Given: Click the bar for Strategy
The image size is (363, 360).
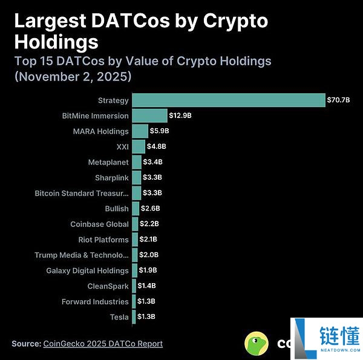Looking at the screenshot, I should (x=229, y=100).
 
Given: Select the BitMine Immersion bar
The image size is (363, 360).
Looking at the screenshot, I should (x=149, y=116).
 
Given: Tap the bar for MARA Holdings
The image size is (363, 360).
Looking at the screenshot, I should (x=140, y=131).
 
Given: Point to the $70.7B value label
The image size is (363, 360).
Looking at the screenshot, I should (x=338, y=100).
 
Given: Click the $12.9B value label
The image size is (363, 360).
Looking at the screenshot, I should (x=180, y=116).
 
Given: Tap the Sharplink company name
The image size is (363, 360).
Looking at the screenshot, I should (x=111, y=177).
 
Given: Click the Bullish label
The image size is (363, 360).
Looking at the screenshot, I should (x=117, y=209).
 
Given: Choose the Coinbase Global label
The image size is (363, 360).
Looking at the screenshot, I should (x=99, y=224).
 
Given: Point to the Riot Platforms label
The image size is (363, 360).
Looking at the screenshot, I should (x=103, y=240).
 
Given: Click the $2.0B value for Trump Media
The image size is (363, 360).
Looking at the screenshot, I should (x=149, y=255).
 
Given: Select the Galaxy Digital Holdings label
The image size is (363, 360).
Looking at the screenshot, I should (x=87, y=270).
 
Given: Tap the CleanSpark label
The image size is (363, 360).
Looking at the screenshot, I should (x=108, y=286).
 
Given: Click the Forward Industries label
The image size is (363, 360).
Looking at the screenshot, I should (x=95, y=301).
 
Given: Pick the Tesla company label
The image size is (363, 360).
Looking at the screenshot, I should (x=119, y=317).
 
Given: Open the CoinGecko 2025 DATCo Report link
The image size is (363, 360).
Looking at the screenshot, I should (x=103, y=344).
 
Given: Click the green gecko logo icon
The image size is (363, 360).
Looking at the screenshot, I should (x=257, y=344).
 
